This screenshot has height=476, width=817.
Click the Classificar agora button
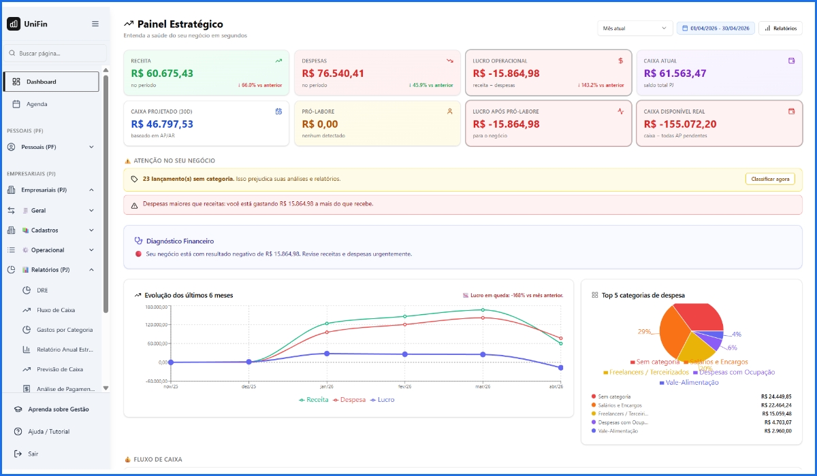pyautogui.click(x=770, y=179)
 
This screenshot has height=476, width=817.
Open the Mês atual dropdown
pyautogui.click(x=634, y=28)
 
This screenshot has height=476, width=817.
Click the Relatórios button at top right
pyautogui.click(x=780, y=28)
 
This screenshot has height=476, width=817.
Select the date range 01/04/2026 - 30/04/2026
pyautogui.click(x=716, y=28)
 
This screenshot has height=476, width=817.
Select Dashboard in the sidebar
pyautogui.click(x=51, y=82)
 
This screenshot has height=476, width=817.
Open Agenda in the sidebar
pyautogui.click(x=37, y=104)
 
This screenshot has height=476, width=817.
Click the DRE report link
pyautogui.click(x=42, y=290)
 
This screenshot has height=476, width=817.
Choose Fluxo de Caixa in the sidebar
pyautogui.click(x=56, y=310)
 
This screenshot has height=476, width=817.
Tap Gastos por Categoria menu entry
pyautogui.click(x=65, y=330)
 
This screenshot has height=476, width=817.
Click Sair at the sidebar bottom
pyautogui.click(x=33, y=454)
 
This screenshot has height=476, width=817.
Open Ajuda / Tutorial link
pyautogui.click(x=48, y=432)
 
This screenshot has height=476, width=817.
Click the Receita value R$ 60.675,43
pyautogui.click(x=162, y=73)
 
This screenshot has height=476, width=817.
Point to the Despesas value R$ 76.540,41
pyautogui.click(x=333, y=73)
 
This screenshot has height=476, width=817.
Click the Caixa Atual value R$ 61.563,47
pyautogui.click(x=675, y=73)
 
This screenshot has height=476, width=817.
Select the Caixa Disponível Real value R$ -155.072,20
pyautogui.click(x=679, y=124)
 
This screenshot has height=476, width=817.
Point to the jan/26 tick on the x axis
pyautogui.click(x=327, y=386)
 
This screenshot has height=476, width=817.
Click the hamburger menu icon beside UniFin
pyautogui.click(x=95, y=24)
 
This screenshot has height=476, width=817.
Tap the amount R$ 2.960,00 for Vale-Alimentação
pyautogui.click(x=778, y=430)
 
